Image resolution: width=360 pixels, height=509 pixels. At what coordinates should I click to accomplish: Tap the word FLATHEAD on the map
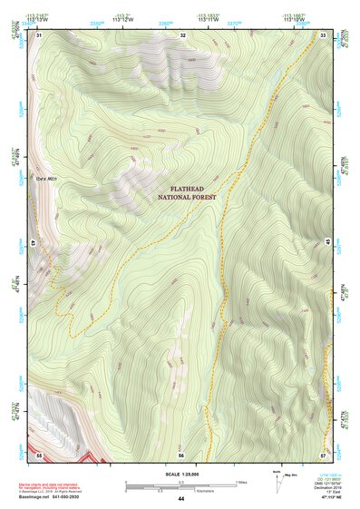tap(189, 188)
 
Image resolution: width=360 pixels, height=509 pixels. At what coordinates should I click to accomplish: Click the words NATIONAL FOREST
tap(189, 197)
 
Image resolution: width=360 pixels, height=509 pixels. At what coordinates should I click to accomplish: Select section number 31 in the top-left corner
tap(39, 34)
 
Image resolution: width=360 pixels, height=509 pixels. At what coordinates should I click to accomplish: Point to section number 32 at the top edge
tap(183, 34)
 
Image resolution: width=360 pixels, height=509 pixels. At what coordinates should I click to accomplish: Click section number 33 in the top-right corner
tap(324, 34)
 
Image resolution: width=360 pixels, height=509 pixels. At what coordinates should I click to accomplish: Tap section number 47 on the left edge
tap(37, 243)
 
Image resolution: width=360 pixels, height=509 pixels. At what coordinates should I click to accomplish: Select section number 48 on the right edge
tap(326, 243)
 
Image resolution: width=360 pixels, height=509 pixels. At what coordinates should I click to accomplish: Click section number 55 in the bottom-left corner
tap(39, 453)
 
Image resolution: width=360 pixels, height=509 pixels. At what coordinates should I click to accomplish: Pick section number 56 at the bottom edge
tap(181, 453)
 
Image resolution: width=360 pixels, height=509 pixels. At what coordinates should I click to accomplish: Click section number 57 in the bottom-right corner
tap(323, 453)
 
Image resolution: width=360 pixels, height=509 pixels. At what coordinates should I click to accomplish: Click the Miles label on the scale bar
tap(240, 481)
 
